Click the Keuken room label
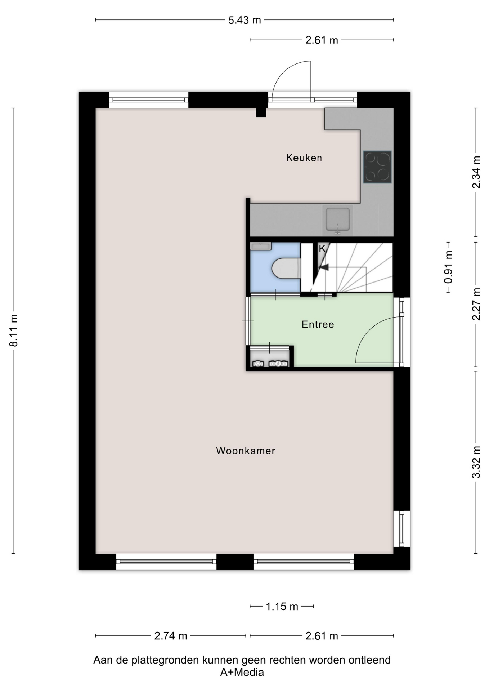(x=304, y=158)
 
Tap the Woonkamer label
(x=246, y=451)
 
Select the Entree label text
(x=318, y=324)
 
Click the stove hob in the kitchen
(x=377, y=167)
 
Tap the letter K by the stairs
(x=322, y=249)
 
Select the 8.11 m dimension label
(x=14, y=331)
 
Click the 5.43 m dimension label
(x=244, y=20)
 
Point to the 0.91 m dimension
(x=448, y=267)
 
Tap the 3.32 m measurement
(x=476, y=462)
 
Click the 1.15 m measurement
(x=282, y=607)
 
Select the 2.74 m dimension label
(x=171, y=636)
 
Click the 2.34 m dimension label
(x=476, y=172)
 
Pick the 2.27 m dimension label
(x=476, y=304)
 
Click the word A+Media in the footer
(x=242, y=672)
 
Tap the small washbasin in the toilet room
(x=261, y=246)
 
